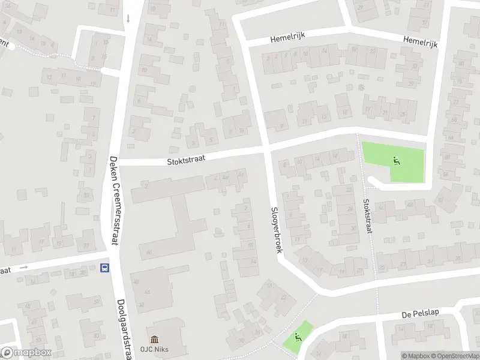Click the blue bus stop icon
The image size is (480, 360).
pyautogui.click(x=106, y=268)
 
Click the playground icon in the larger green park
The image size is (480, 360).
pyautogui.click(x=395, y=160)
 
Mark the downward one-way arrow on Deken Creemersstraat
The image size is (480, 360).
pyautogui.click(x=128, y=19)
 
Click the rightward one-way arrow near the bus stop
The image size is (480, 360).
pyautogui.click(x=24, y=267)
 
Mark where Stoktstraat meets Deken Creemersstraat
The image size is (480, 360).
pyautogui.click(x=120, y=162)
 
